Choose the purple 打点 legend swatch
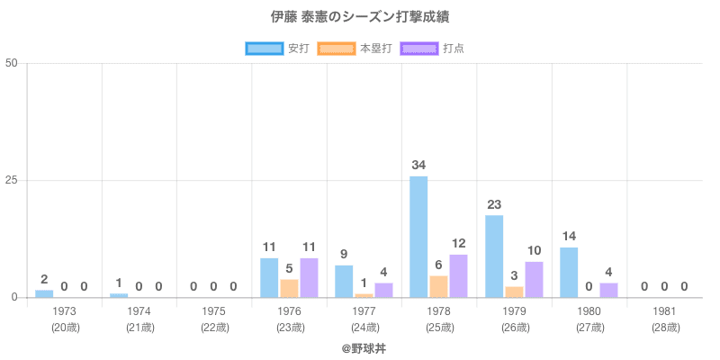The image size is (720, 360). [x=418, y=49]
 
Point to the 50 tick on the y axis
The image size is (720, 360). [x=12, y=63]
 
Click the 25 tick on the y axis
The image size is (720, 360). [x=12, y=180]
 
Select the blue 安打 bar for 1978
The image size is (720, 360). [x=418, y=237]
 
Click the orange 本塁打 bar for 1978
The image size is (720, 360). [x=438, y=286]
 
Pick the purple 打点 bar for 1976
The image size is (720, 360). [x=309, y=277]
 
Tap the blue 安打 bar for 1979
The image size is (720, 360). [x=494, y=256]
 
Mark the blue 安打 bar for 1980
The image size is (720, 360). [x=569, y=272]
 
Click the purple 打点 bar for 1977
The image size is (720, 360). [x=383, y=290]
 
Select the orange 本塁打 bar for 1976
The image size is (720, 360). [x=289, y=288]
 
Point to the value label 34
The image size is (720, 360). [x=418, y=165]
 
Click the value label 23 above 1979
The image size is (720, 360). [x=494, y=204]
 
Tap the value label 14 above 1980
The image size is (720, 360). [x=569, y=237]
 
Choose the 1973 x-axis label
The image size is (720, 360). [x=65, y=311]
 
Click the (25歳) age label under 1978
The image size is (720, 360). [x=439, y=328]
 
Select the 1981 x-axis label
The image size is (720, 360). [x=664, y=311]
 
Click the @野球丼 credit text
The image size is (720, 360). [x=364, y=346]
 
